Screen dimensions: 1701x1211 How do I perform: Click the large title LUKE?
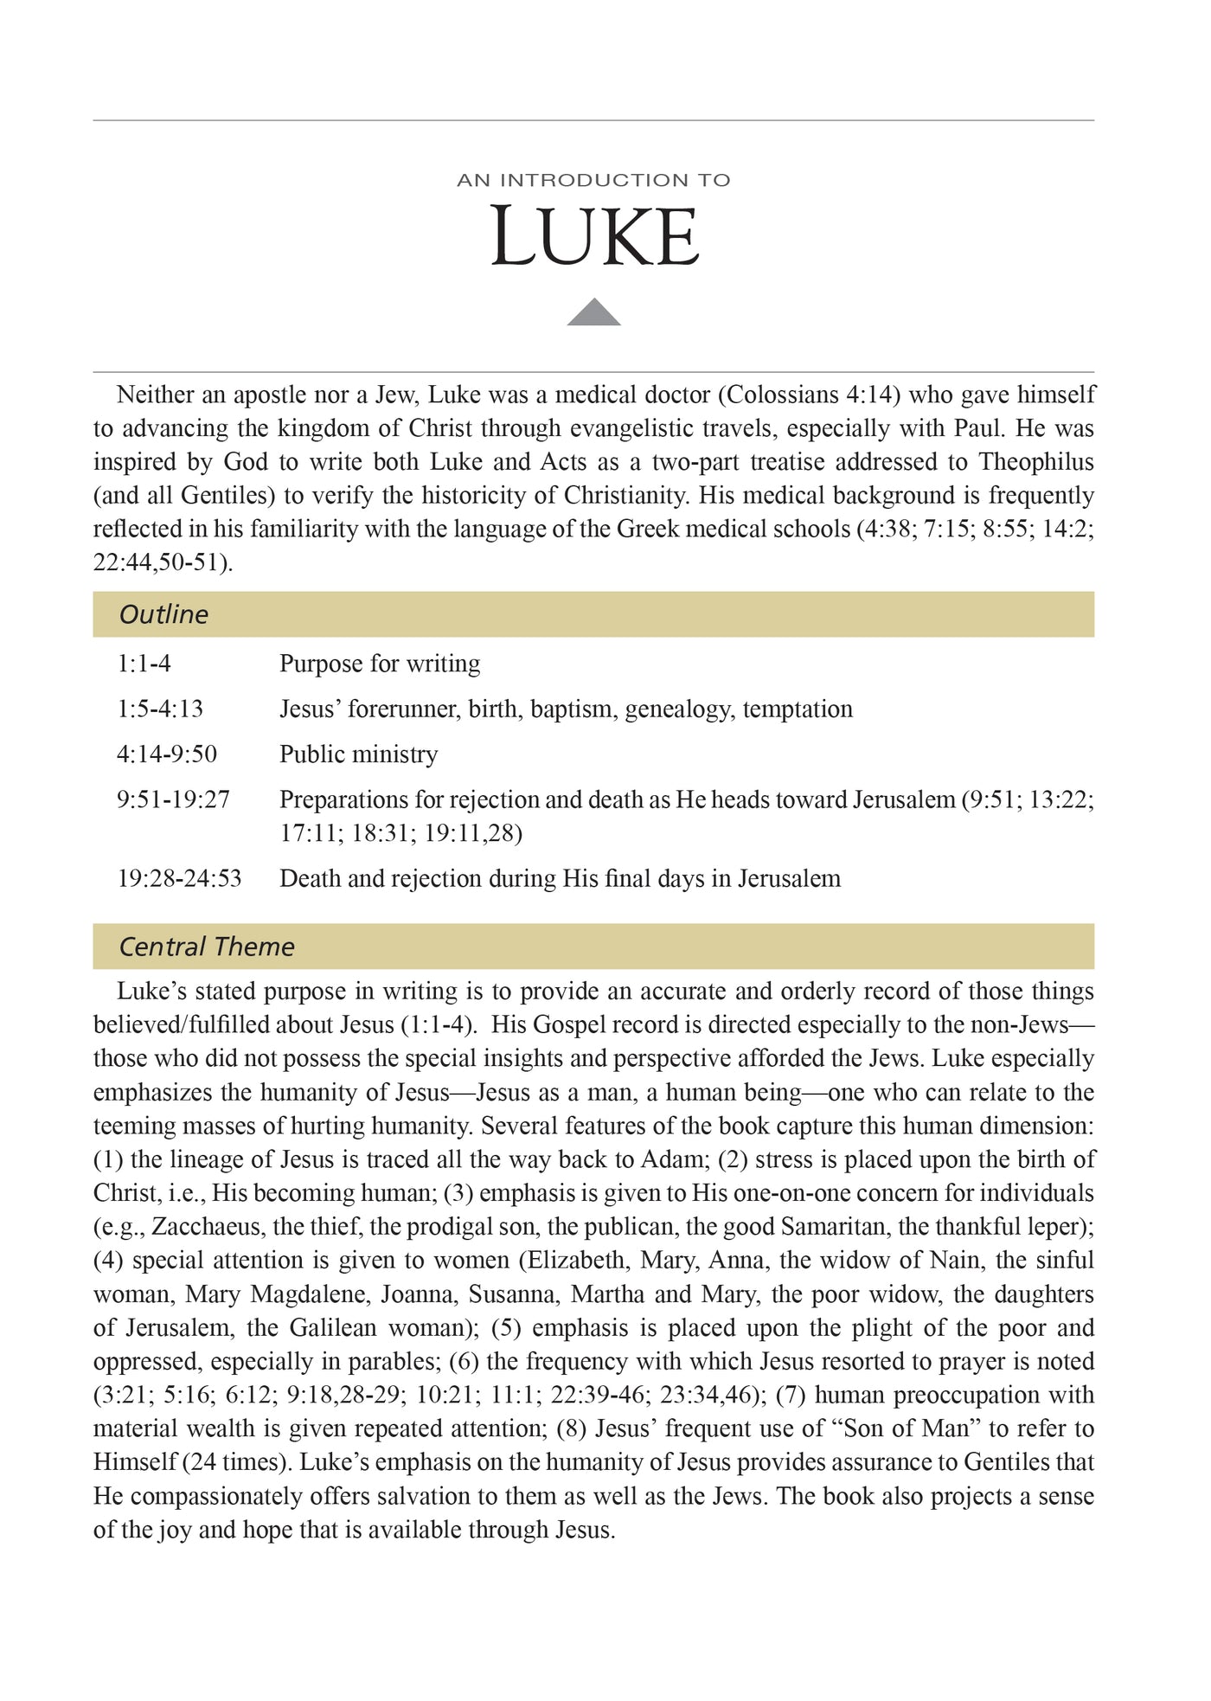tap(594, 236)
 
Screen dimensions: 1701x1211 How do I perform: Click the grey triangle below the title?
tap(593, 313)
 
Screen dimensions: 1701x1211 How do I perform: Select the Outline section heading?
tap(163, 614)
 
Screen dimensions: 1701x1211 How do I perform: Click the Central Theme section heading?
tap(207, 947)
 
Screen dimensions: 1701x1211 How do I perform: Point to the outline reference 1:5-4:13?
tap(160, 709)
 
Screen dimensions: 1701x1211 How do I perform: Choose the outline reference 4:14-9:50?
tap(167, 754)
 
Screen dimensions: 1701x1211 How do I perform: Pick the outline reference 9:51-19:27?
tap(173, 799)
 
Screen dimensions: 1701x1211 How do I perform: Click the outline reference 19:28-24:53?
tap(179, 879)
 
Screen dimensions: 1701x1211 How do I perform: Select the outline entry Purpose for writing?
tap(380, 664)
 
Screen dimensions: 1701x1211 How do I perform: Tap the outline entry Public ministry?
tap(358, 754)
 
